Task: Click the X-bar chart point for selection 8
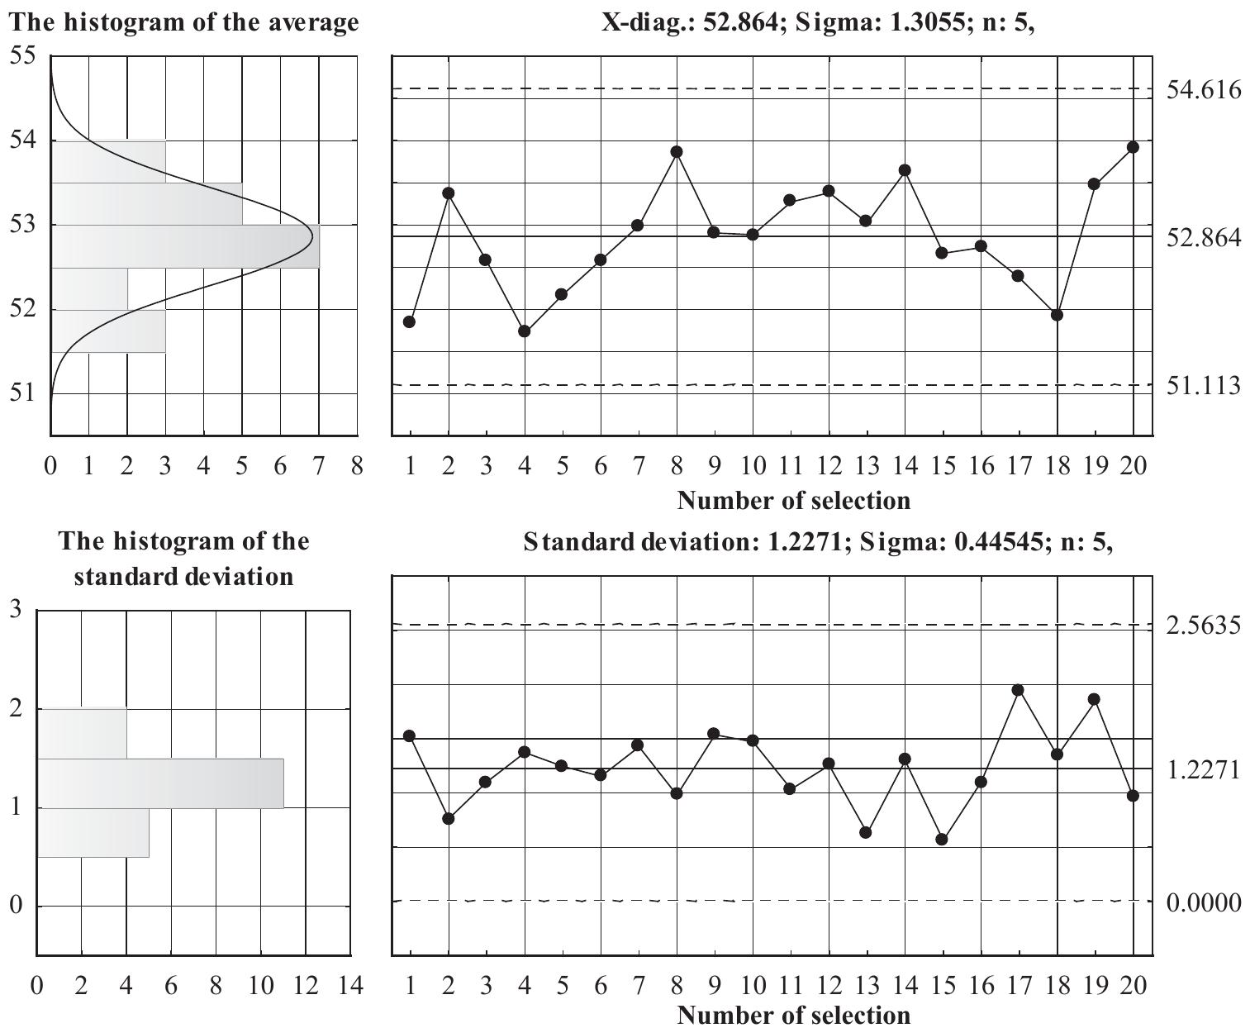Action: [677, 151]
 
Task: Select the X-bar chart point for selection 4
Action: [524, 331]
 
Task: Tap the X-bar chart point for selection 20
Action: [1133, 147]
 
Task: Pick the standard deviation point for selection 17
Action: [1018, 690]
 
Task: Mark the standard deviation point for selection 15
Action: [942, 839]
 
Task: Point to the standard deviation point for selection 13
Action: [866, 832]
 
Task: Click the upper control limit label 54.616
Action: [1203, 89]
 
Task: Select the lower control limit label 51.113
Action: [1203, 385]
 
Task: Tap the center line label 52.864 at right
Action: [1203, 238]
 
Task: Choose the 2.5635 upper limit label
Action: [1203, 626]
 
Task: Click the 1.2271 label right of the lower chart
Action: [1203, 770]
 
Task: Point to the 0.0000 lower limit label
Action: [1203, 902]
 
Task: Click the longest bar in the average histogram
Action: [185, 246]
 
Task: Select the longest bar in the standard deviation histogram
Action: [160, 783]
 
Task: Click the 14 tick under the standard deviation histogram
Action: [350, 986]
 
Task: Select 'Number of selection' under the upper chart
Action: [793, 500]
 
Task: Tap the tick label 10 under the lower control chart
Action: [753, 986]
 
